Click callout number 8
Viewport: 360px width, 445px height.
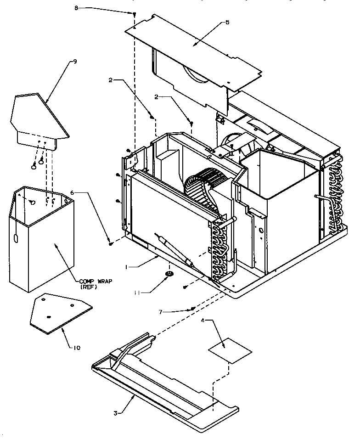tap(77, 8)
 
